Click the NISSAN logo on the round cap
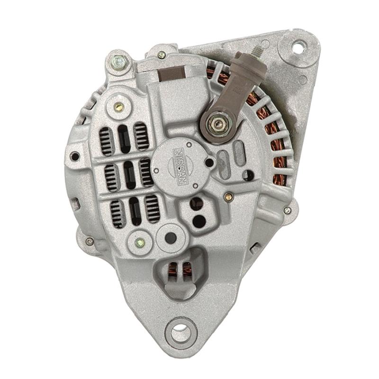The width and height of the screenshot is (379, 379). [180, 166]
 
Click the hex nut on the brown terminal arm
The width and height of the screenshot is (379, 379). [217, 125]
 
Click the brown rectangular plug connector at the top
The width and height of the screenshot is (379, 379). [172, 73]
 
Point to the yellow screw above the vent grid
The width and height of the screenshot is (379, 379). [118, 106]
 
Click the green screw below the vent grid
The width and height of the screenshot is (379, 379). [140, 243]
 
